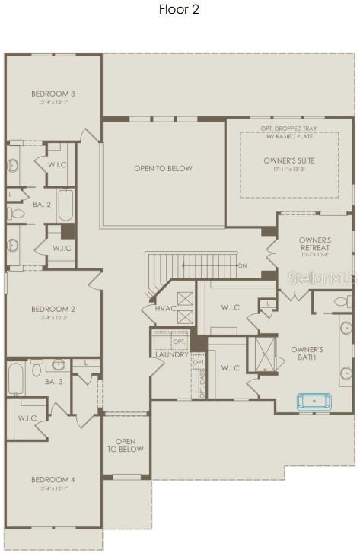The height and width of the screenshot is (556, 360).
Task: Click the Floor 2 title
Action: (179, 10)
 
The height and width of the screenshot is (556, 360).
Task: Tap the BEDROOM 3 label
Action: (53, 94)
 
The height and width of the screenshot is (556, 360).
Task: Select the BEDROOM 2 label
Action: (53, 309)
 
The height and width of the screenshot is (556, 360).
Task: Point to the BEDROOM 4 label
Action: (53, 479)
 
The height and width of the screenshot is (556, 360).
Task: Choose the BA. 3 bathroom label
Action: (53, 381)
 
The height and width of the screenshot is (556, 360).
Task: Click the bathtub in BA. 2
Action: (65, 204)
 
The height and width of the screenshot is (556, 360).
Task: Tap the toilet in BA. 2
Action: (15, 214)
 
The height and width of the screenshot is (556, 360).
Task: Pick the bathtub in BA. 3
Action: (16, 378)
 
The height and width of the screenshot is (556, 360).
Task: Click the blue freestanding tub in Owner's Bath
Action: (311, 401)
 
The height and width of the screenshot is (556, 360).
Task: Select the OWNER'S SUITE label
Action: (289, 160)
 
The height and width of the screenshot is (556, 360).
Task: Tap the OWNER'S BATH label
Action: (307, 354)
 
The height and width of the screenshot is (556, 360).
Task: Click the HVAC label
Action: (165, 308)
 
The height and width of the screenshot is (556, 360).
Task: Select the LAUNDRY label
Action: (171, 354)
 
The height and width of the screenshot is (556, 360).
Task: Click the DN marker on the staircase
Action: (242, 265)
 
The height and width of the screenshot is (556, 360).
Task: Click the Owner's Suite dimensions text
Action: (289, 170)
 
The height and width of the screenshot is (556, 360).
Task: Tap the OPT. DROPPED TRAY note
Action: (289, 129)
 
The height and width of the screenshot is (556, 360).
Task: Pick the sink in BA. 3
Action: (59, 364)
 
